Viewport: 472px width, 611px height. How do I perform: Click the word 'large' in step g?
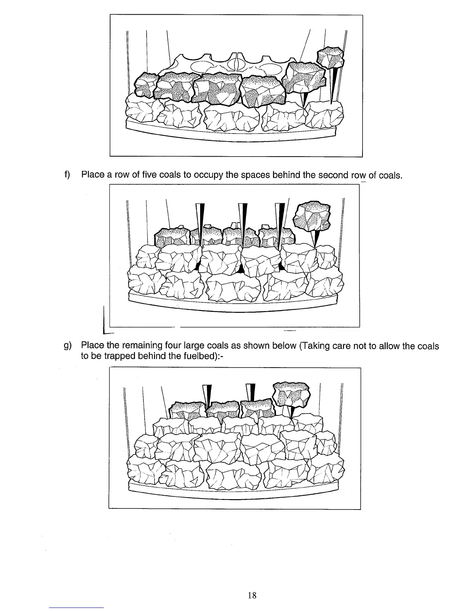(196, 346)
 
